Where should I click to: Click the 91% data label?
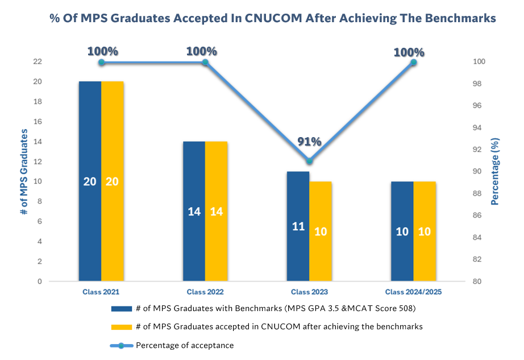click(309, 142)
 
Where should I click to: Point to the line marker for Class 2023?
click(309, 161)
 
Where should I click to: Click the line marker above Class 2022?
click(205, 62)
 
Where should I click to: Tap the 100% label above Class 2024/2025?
click(409, 52)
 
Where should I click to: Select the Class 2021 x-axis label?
click(101, 292)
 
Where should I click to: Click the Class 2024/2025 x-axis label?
click(413, 292)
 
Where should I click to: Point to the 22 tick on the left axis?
click(38, 61)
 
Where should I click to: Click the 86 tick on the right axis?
click(477, 216)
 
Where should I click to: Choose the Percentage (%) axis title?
click(496, 171)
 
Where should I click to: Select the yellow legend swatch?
click(122, 327)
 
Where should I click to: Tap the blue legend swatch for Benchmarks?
click(122, 309)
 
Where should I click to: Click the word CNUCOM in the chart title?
click(273, 18)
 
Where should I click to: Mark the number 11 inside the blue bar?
click(298, 226)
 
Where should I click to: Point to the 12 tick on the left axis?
click(38, 162)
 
